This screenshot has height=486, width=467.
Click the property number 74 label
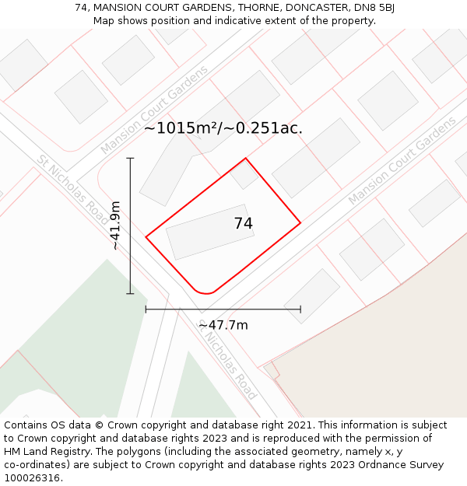(244, 224)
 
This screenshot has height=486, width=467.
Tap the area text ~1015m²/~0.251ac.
(223, 128)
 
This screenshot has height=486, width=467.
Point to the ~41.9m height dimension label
(115, 226)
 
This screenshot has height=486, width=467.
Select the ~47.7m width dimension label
(223, 325)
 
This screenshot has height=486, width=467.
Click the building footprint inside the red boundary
(209, 232)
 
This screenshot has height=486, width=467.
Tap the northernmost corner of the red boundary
(246, 159)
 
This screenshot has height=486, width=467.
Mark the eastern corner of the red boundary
(300, 223)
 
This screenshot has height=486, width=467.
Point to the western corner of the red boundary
(146, 236)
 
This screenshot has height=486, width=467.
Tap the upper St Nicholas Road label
(73, 190)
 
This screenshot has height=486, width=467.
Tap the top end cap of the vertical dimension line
(130, 159)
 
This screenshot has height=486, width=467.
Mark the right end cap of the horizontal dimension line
(300, 309)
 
